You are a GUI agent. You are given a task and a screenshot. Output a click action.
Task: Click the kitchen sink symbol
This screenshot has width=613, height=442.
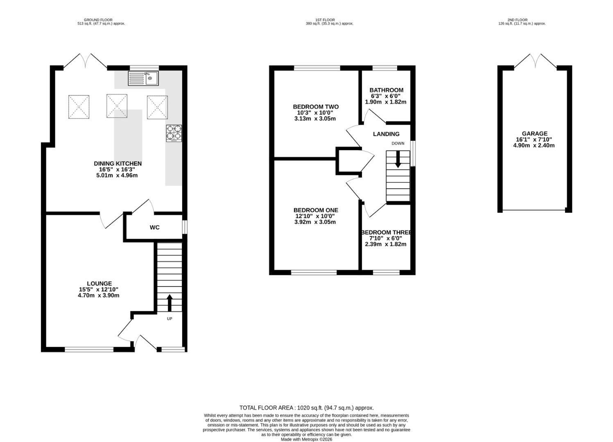tap(143, 79)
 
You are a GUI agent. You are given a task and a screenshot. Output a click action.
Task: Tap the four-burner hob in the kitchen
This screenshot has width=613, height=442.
tap(174, 133)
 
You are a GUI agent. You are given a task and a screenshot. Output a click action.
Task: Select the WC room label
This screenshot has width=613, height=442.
tap(155, 227)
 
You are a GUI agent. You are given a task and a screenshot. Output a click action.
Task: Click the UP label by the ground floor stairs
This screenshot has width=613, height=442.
tap(170, 319)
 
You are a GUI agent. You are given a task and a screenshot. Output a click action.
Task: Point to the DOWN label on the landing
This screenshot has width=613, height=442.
tap(398, 143)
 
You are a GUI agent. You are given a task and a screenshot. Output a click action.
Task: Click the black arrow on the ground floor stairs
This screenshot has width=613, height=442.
tap(170, 303)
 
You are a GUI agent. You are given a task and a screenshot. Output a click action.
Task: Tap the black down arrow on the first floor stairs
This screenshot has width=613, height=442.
tap(398, 160)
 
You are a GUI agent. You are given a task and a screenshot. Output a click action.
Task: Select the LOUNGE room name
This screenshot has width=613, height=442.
tap(100, 284)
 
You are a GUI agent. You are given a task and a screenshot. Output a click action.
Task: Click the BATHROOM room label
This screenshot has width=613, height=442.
tap(387, 90)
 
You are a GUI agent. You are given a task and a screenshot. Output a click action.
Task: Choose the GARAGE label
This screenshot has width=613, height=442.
tap(535, 133)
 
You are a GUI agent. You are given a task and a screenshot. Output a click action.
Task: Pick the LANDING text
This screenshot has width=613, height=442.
tap(386, 134)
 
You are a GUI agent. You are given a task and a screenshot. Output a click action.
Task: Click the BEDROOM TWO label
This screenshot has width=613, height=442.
tap(316, 107)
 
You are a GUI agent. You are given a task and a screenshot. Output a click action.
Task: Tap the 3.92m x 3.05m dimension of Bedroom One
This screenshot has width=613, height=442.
tap(315, 222)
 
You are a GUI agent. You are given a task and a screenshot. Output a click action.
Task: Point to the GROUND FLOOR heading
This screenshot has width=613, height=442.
tap(98, 20)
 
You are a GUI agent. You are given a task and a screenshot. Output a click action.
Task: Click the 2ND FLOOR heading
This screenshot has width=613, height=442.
tap(518, 20)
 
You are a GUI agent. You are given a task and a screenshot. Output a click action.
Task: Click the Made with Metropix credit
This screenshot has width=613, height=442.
tap(306, 439)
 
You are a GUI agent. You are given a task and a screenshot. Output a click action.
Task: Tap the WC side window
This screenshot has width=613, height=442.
tap(185, 227)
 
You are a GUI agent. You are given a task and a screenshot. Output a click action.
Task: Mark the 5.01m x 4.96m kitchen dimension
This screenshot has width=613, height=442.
tap(117, 175)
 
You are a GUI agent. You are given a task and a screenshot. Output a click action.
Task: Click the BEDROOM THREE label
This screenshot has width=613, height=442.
tap(386, 232)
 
